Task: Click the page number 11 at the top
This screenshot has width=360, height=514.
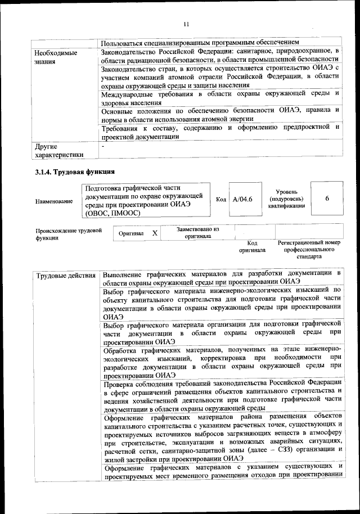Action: click(186, 24)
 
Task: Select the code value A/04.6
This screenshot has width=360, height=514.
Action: click(242, 200)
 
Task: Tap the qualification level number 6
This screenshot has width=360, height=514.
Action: click(327, 199)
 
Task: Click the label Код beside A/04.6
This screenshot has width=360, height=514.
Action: click(221, 200)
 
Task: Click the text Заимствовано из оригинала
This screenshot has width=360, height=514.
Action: click(197, 233)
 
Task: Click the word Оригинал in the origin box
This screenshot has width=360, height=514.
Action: click(130, 233)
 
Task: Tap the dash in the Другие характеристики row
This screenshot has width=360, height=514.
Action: click(102, 146)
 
